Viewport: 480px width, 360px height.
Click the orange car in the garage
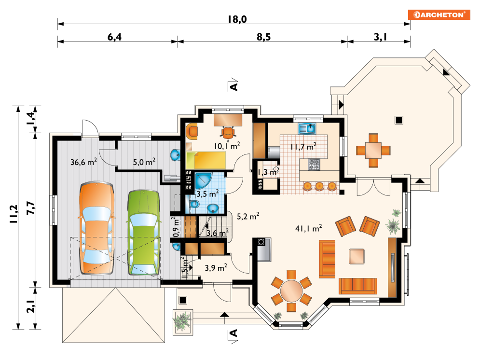(x=97, y=228)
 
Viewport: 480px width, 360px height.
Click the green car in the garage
(x=144, y=233)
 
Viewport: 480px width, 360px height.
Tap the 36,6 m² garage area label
(x=83, y=162)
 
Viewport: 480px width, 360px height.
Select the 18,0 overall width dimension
(x=237, y=19)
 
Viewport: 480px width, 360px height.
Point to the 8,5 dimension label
(x=263, y=37)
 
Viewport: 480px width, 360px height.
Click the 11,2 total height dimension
(x=14, y=214)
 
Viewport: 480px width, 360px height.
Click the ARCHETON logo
(x=439, y=14)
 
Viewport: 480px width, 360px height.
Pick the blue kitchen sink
(x=307, y=128)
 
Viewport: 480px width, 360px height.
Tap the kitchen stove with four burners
(x=314, y=164)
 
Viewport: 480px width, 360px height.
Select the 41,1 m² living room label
(x=309, y=228)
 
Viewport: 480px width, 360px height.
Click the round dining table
(x=291, y=291)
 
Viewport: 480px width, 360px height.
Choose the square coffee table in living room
(x=357, y=257)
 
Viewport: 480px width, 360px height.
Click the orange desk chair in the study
(x=228, y=133)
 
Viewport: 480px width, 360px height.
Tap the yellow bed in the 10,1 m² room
(x=206, y=160)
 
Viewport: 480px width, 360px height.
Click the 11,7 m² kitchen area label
(x=303, y=147)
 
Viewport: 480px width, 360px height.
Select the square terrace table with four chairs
(x=373, y=150)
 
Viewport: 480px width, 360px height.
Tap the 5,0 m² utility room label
(x=144, y=162)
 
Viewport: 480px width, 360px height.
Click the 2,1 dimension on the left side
(x=31, y=306)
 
